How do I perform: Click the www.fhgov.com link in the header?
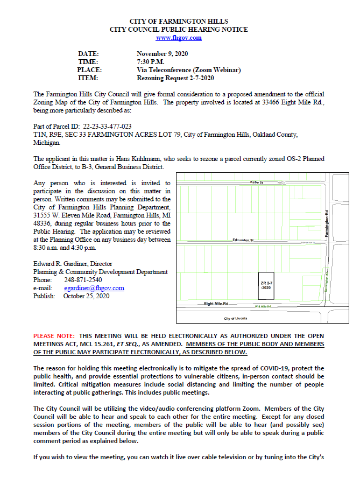pyautogui.click(x=179, y=38)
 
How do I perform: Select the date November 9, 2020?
pyautogui.click(x=161, y=54)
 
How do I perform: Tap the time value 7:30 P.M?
pyautogui.click(x=150, y=62)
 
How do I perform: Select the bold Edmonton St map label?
pyautogui.click(x=243, y=240)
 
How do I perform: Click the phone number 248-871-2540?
pyautogui.click(x=82, y=280)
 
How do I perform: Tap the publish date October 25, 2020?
pyautogui.click(x=86, y=296)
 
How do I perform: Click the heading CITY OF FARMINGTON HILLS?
pyautogui.click(x=179, y=20)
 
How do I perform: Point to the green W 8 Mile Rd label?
pyautogui.click(x=262, y=306)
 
